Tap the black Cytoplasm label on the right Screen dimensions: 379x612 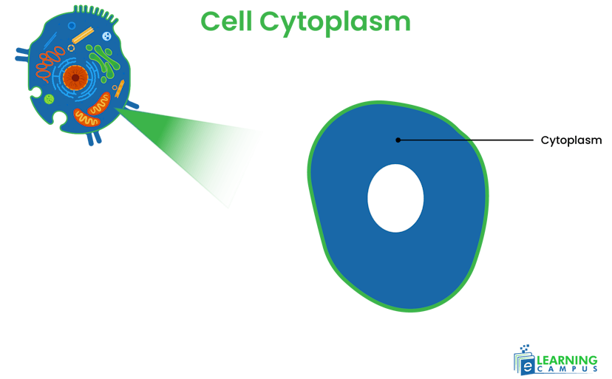pos(571,140)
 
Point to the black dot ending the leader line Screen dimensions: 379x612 pos(398,140)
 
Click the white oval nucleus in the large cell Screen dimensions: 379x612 pos(395,198)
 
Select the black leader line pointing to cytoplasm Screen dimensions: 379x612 pos(466,140)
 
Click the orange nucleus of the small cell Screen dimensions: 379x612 pos(75,77)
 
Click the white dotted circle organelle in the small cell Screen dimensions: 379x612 pos(107,36)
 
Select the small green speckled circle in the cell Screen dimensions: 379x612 pos(49,99)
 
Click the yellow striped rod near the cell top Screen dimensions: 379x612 pos(83,35)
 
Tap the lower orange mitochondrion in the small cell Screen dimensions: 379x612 pos(88,117)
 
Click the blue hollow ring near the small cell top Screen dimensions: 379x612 pos(71,26)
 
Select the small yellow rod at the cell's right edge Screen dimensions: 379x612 pos(121,89)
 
